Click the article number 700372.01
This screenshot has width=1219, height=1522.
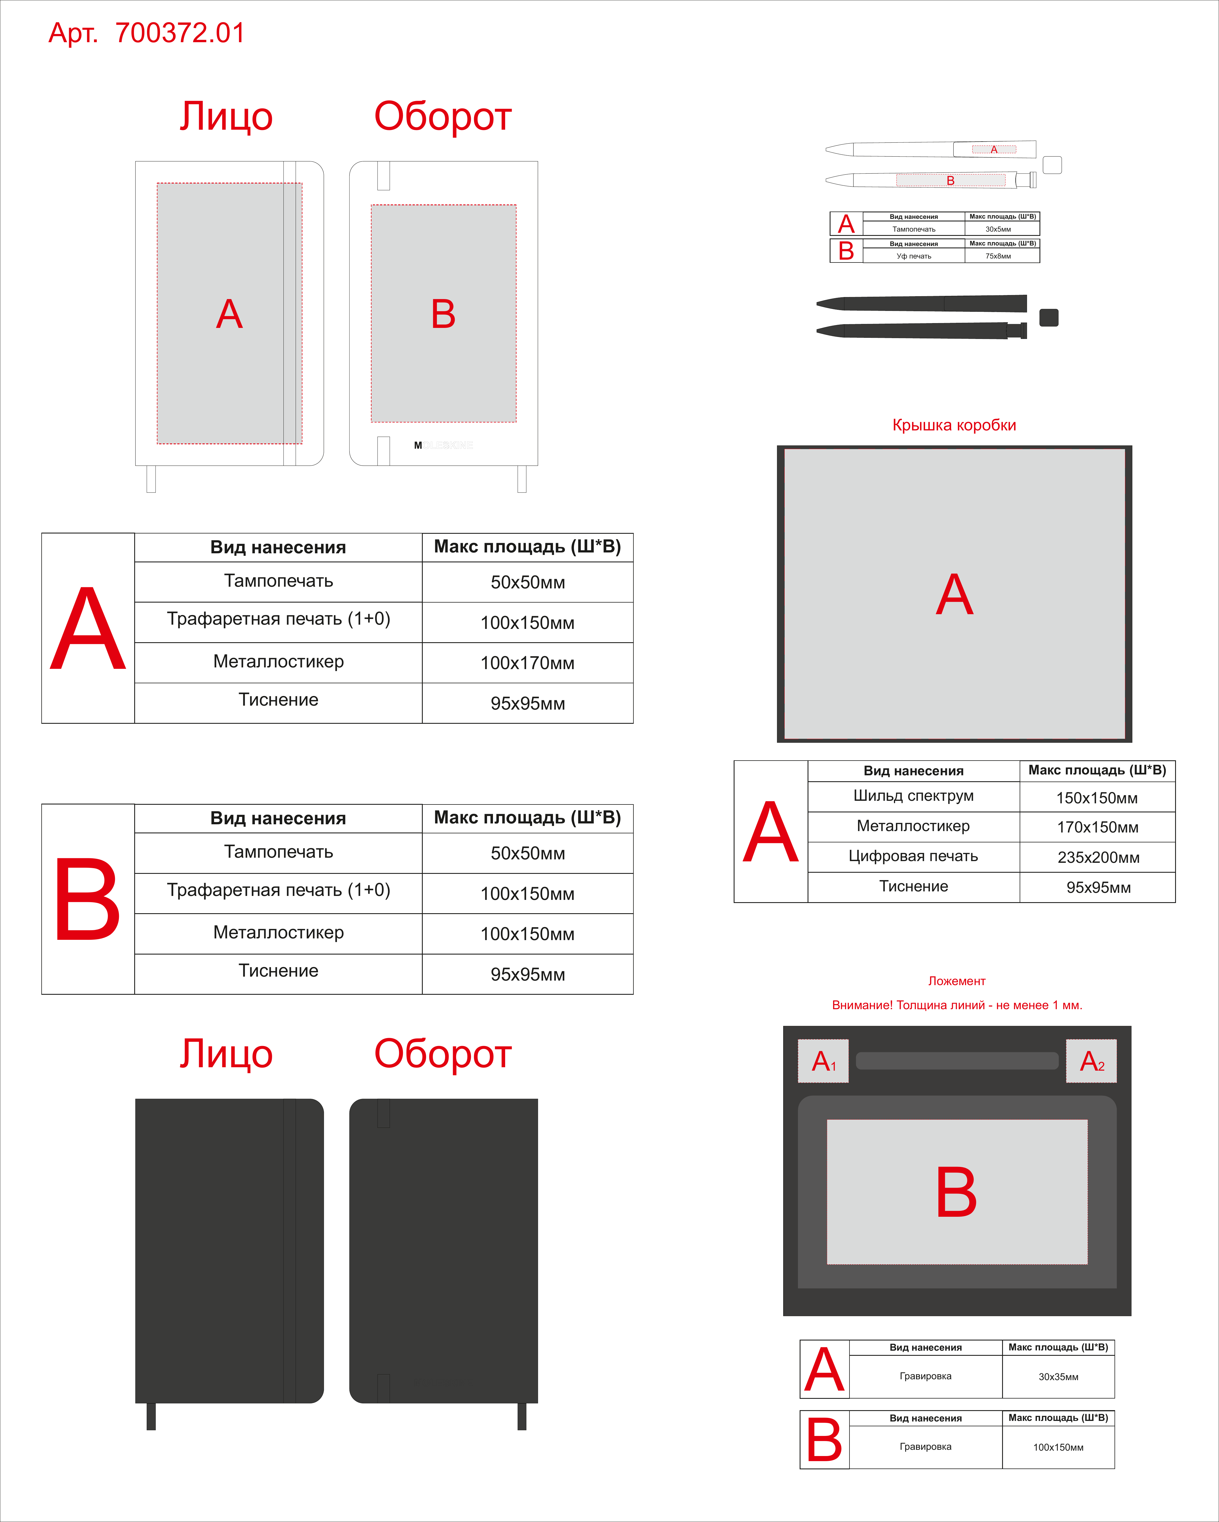tap(180, 33)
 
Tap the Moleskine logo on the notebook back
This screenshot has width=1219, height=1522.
tap(443, 445)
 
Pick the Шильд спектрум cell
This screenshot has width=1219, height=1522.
tap(913, 796)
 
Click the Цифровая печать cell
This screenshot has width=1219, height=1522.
tap(913, 856)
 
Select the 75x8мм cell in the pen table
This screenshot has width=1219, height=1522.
tap(998, 256)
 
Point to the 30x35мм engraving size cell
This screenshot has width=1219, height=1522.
tap(1058, 1376)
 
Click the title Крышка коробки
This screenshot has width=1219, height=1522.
tap(954, 425)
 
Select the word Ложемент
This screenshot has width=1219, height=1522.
tap(957, 981)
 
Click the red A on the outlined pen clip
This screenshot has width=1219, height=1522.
tap(994, 150)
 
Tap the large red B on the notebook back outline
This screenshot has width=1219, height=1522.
tap(443, 314)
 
